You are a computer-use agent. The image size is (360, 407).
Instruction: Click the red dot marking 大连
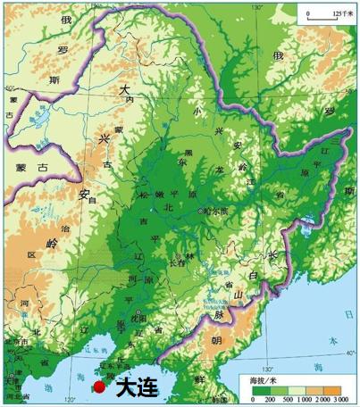98,386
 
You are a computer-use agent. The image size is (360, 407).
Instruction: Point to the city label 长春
177,262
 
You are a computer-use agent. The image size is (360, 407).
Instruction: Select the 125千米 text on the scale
343,13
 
